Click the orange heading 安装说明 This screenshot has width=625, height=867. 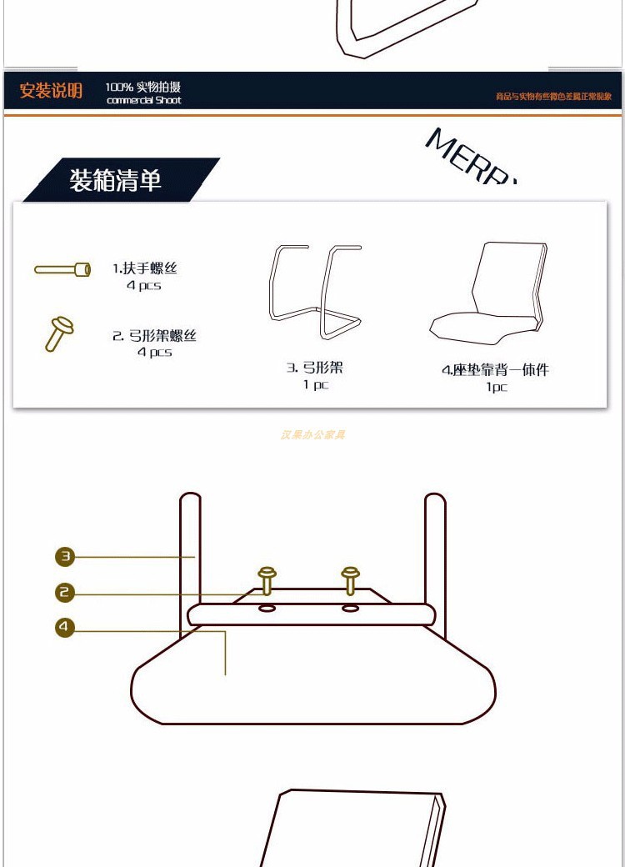click(51, 91)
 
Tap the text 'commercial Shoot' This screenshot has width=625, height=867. click(143, 101)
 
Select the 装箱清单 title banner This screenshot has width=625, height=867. click(116, 180)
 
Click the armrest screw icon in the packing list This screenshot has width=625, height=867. click(62, 270)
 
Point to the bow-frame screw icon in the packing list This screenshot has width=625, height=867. click(58, 333)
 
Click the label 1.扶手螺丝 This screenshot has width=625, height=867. click(145, 268)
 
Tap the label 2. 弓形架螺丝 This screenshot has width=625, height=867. click(155, 336)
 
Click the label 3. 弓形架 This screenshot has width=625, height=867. click(315, 368)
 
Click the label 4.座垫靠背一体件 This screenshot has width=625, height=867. click(495, 370)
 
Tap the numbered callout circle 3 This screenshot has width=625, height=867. click(65, 556)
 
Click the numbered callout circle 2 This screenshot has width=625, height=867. click(65, 593)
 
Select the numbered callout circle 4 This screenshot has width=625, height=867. click(65, 627)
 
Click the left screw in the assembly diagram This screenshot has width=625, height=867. click(267, 579)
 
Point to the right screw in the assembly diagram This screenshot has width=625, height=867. click(351, 579)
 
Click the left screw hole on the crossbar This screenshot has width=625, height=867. click(267, 609)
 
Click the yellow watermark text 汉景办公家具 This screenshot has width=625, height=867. click(312, 434)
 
